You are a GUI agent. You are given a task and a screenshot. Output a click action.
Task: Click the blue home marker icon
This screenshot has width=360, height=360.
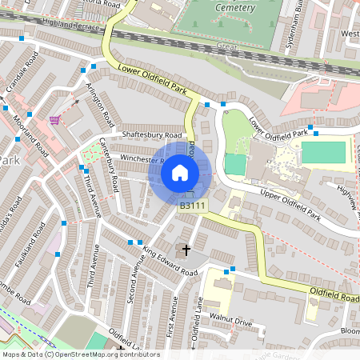pos(180,172)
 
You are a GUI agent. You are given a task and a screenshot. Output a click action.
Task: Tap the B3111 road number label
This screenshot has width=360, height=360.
pos(193,206)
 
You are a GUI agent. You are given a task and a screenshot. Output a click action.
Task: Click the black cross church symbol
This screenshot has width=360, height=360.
pos(186,250)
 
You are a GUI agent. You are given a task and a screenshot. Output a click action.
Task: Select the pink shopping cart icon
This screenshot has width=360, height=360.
pos(54,120)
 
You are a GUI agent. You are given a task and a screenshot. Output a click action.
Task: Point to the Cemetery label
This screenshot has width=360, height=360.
pos(235,7)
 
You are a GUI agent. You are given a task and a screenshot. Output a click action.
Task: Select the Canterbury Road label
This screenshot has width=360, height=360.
pos(108,165)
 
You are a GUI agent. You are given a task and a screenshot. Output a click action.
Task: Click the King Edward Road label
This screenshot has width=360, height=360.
pos(169,261)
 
